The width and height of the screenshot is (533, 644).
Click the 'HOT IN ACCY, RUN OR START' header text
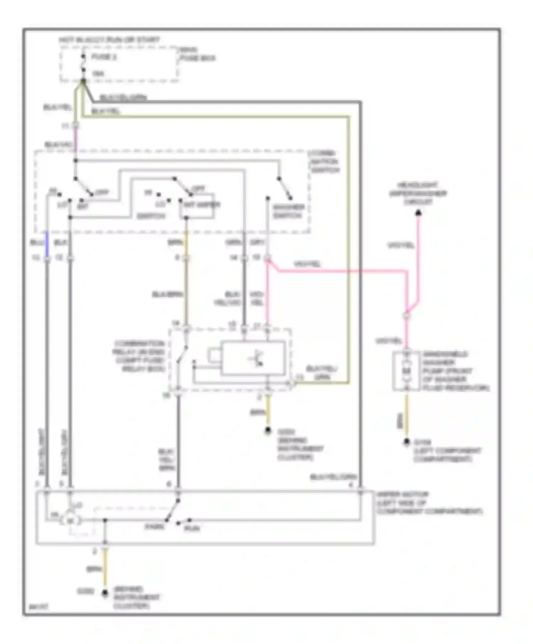109,39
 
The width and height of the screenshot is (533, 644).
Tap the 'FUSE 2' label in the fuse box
104,57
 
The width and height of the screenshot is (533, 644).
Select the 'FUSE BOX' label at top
198,54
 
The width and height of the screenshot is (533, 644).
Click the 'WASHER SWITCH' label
288,211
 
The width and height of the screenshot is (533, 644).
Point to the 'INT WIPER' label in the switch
201,205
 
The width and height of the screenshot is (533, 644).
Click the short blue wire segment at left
47,244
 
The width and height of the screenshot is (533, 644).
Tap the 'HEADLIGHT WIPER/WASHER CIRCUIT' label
418,193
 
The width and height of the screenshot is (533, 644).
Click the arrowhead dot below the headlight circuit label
419,213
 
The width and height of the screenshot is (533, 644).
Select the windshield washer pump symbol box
407,371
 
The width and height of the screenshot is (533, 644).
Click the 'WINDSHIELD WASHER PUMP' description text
456,371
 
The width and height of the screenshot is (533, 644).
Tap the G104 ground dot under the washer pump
407,442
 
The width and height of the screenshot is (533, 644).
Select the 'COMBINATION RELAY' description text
139,356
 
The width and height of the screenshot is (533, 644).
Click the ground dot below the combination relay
268,431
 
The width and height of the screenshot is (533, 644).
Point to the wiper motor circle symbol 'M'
70,521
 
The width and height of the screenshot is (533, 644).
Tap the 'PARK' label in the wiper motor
154,526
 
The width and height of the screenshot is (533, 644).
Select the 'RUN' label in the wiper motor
192,528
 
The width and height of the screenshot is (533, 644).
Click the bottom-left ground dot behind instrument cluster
105,593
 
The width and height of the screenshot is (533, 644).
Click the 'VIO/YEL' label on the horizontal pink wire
307,264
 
